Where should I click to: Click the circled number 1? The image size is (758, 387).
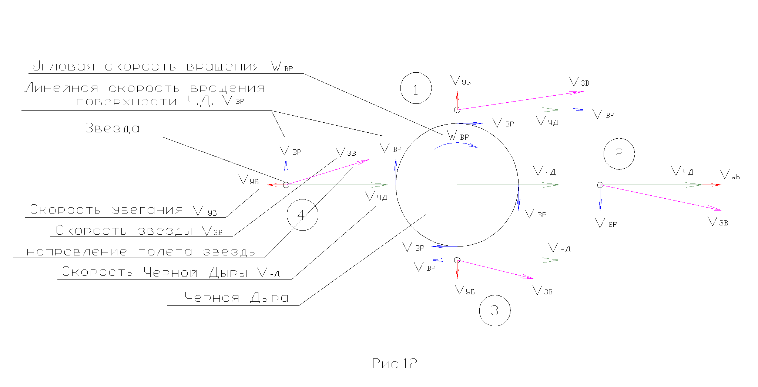pyautogui.click(x=416, y=88)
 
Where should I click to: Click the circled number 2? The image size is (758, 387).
pyautogui.click(x=619, y=154)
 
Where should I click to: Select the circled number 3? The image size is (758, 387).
pyautogui.click(x=494, y=311)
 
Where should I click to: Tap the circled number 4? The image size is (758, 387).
pyautogui.click(x=302, y=215)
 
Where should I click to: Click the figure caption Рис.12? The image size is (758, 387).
pyautogui.click(x=395, y=364)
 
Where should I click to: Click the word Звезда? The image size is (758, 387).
pyautogui.click(x=113, y=128)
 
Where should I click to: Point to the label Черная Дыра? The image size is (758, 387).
pyautogui.click(x=236, y=298)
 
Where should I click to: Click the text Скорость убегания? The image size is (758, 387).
pyautogui.click(x=106, y=210)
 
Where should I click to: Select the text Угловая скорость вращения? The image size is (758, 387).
pyautogui.click(x=147, y=67)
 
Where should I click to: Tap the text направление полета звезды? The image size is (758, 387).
pyautogui.click(x=142, y=252)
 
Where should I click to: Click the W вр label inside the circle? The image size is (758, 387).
pyautogui.click(x=458, y=136)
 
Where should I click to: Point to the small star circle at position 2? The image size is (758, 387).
pyautogui.click(x=600, y=185)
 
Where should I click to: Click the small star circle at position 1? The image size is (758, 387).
pyautogui.click(x=457, y=110)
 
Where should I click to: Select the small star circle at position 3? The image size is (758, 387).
pyautogui.click(x=457, y=260)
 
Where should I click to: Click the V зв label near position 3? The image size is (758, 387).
pyautogui.click(x=543, y=291)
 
